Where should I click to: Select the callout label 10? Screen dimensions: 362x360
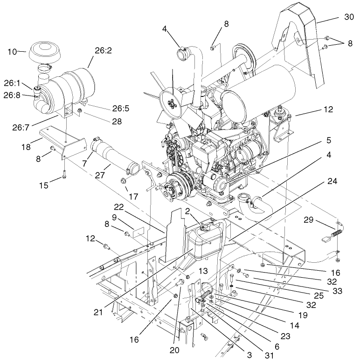pos(12,51)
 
